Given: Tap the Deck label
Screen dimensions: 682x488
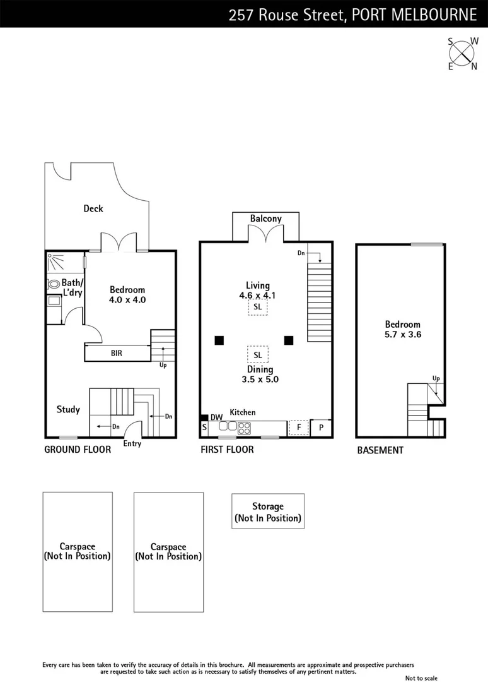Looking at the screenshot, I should pyautogui.click(x=93, y=208).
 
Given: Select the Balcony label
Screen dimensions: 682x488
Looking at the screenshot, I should pyautogui.click(x=265, y=218).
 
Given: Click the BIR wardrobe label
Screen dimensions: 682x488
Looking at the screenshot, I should pyautogui.click(x=117, y=354).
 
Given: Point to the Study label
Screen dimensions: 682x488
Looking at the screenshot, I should pyautogui.click(x=68, y=409).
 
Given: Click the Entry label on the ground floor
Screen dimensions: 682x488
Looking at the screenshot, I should pyautogui.click(x=132, y=443).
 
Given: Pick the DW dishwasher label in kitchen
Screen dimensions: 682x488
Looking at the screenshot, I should pyautogui.click(x=216, y=417).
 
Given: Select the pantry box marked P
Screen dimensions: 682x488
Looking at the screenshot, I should pyautogui.click(x=321, y=428).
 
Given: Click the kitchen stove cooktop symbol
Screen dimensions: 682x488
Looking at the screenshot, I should pyautogui.click(x=245, y=428).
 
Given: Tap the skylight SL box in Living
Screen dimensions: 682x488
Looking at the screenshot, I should pyautogui.click(x=257, y=307).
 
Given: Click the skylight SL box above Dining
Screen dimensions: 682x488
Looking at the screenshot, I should pyautogui.click(x=257, y=354).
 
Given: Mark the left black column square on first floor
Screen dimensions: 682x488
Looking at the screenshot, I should pyautogui.click(x=218, y=340).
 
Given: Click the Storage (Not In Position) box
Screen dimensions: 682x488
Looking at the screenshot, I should pyautogui.click(x=268, y=512).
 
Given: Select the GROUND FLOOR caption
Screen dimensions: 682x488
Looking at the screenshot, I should pyautogui.click(x=78, y=450).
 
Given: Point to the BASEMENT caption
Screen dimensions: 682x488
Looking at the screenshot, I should pyautogui.click(x=380, y=450).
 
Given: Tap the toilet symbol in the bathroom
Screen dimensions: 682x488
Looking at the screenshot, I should pyautogui.click(x=54, y=284).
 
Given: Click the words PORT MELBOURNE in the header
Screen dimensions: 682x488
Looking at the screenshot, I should pyautogui.click(x=414, y=13).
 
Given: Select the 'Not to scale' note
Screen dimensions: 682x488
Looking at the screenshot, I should pyautogui.click(x=421, y=678).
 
